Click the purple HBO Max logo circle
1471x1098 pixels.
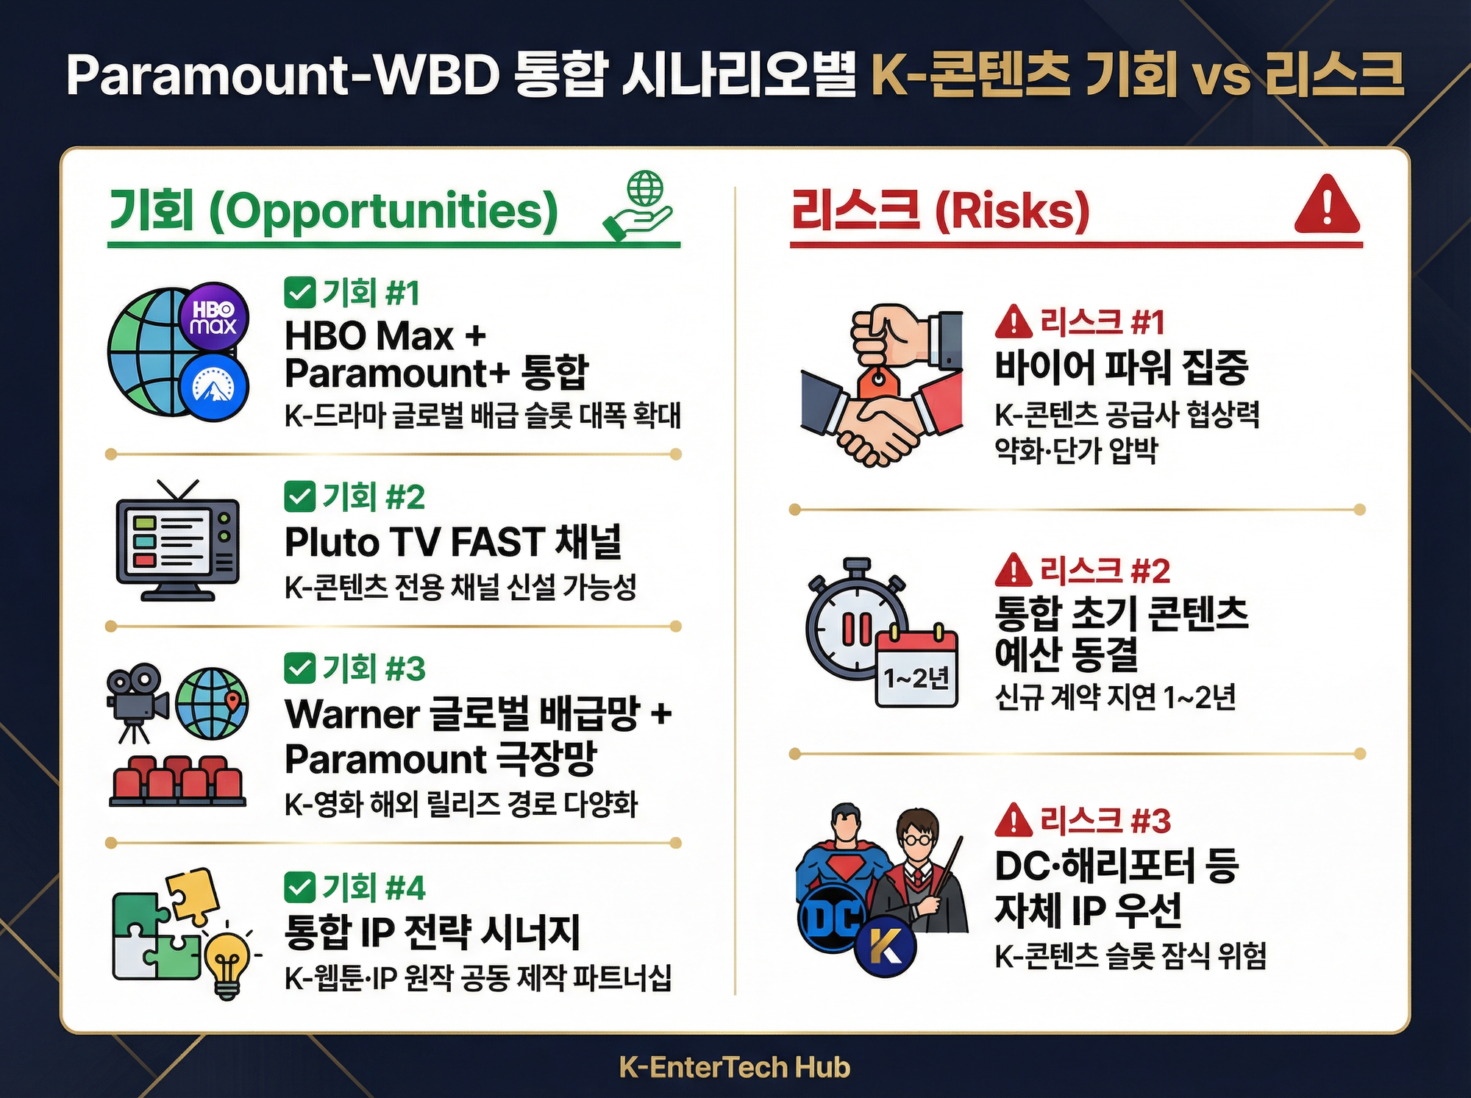[x=213, y=318]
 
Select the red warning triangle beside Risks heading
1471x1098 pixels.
[x=1327, y=206]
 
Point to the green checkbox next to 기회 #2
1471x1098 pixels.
[x=299, y=496]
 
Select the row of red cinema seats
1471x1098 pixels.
[x=177, y=781]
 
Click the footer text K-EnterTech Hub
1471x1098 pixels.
[x=735, y=1066]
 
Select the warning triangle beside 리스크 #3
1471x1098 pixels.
[x=1014, y=820]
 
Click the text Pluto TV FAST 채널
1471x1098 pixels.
[x=453, y=542]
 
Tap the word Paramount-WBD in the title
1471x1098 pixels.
[x=283, y=75]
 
